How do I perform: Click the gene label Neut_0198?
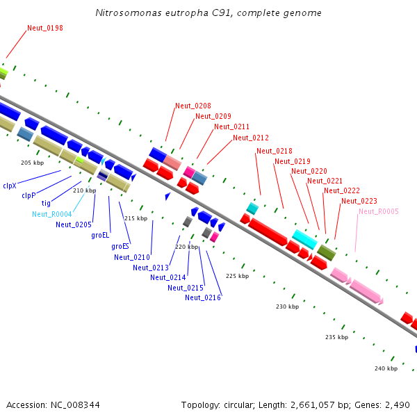45,28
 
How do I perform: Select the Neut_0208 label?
193,106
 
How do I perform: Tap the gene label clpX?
10,186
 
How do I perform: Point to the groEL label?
100,235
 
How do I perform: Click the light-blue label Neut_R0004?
52,214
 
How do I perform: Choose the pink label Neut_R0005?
379,211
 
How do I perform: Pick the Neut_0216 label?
203,297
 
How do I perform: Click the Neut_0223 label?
359,201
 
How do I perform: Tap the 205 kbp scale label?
33,163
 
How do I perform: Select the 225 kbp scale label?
238,276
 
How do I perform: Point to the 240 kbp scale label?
386,368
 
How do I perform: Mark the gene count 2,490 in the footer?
397,405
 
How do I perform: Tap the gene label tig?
46,203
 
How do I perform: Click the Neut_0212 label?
251,138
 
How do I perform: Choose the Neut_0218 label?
275,151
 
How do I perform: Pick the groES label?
120,246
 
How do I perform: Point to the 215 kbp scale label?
136,218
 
